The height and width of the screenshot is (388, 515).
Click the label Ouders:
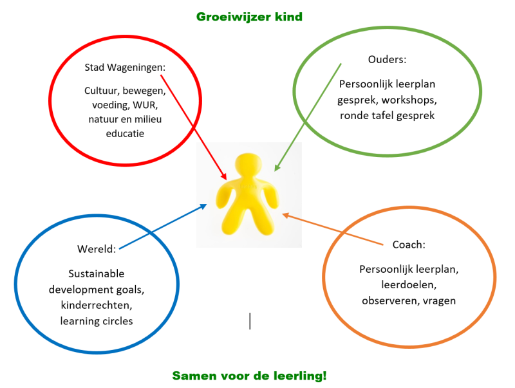point(388,60)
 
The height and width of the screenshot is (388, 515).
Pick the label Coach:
point(409,245)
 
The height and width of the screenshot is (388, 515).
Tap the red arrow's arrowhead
point(225,177)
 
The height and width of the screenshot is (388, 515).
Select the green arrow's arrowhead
point(276,169)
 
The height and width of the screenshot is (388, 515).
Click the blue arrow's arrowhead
point(204,206)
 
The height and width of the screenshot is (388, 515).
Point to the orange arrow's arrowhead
point(285,216)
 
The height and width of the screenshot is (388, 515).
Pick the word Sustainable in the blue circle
point(97,273)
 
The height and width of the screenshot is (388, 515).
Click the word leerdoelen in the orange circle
point(409,285)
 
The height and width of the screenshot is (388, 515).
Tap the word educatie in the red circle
point(126,133)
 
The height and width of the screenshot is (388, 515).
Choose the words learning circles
point(97,320)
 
